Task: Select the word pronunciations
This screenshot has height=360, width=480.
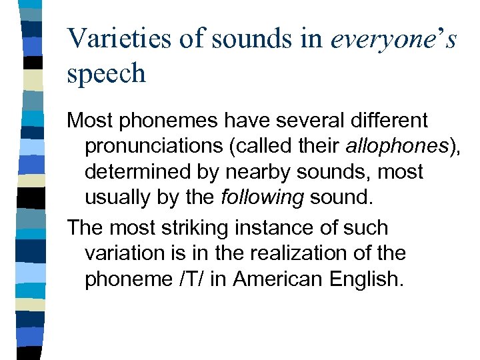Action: point(159,146)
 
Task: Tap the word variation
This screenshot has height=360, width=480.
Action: point(125,253)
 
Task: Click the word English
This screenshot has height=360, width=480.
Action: point(366,279)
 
